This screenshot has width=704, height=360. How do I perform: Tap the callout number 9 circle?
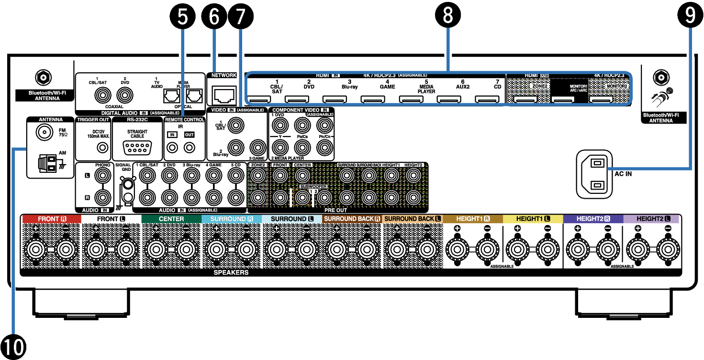[690, 15]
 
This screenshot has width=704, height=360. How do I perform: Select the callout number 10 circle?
[13, 346]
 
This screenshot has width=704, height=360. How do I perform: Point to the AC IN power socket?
[594, 174]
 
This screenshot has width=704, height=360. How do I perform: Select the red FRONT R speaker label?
[51, 219]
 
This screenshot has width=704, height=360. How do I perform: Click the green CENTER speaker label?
[171, 219]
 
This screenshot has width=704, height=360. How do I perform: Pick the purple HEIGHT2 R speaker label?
[592, 219]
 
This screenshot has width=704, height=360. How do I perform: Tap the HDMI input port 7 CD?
[487, 100]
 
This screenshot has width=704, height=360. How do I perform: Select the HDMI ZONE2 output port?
[525, 100]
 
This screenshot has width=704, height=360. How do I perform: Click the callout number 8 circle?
[447, 15]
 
